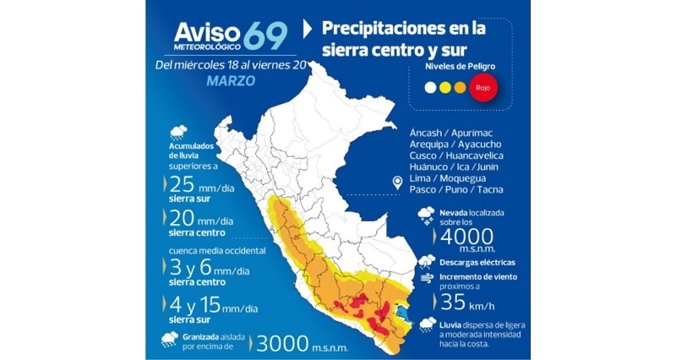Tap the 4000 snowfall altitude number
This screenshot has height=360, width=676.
pyautogui.click(x=462, y=235)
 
